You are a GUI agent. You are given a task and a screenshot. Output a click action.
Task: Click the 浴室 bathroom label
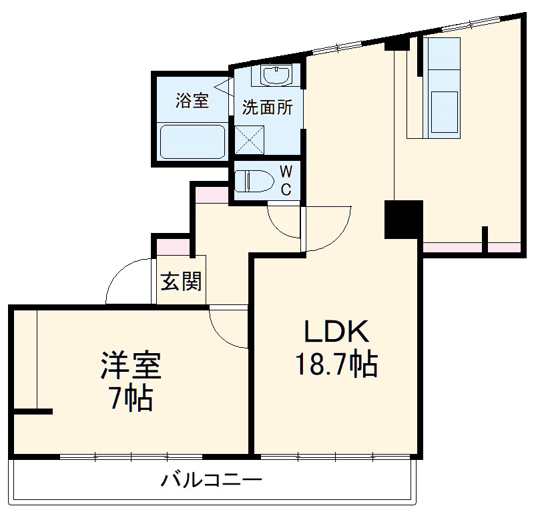192,101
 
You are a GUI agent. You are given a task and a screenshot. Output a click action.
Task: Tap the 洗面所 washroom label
267,109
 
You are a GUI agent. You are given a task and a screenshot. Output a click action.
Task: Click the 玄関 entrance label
180,282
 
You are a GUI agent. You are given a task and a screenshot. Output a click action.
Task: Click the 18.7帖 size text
336,364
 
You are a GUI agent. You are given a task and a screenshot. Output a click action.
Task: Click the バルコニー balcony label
211,479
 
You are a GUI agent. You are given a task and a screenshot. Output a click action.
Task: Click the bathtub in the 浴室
193,140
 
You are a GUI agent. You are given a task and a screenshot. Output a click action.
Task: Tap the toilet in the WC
256,180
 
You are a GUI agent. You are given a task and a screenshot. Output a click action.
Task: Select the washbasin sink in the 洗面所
273,77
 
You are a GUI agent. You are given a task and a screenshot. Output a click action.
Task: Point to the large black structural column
404,220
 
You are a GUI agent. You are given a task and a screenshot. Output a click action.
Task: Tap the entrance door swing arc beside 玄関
127,280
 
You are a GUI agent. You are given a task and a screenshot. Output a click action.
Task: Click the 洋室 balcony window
131,457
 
